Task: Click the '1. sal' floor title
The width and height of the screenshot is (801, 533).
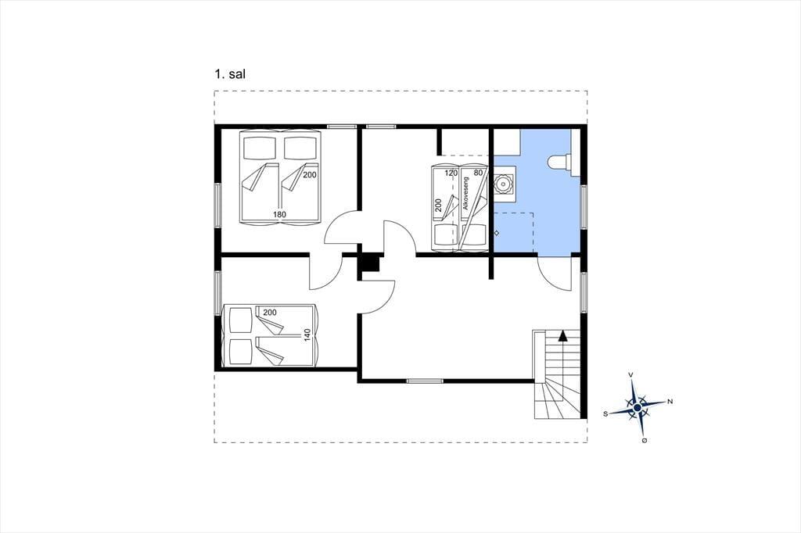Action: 230,74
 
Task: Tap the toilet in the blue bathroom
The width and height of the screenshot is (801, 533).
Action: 560,162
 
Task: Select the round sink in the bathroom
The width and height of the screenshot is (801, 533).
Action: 505,184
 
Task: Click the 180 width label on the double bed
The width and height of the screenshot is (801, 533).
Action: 279,214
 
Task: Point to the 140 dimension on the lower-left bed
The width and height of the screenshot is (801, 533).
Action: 307,335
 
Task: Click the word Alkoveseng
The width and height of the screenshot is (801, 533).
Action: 465,195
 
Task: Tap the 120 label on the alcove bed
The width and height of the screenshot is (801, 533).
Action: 451,173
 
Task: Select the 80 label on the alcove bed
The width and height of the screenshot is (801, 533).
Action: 478,173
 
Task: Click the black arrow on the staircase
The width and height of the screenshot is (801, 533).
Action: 562,335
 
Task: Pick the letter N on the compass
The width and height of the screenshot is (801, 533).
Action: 670,401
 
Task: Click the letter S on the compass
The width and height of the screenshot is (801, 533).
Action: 606,414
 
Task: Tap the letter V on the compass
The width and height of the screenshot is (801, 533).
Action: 631,375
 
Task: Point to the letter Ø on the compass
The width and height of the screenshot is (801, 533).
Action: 645,440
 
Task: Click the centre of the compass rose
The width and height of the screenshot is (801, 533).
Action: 638,408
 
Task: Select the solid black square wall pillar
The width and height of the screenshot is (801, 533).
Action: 370,263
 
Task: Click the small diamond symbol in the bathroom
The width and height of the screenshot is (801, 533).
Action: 496,234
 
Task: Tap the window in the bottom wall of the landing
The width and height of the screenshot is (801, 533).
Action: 425,381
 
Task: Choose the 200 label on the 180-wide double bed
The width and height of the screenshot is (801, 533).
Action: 310,174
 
